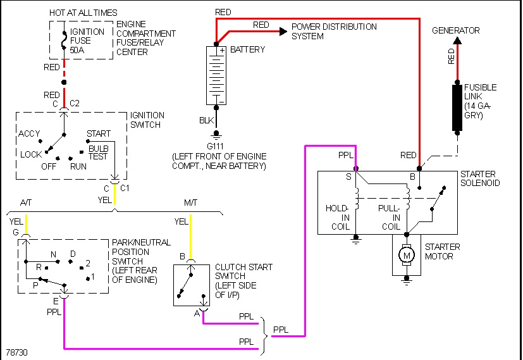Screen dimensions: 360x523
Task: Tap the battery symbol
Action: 217,75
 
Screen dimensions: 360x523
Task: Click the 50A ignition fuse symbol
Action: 63,39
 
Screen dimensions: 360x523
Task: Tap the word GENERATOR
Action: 455,30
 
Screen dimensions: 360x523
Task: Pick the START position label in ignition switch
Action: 99,133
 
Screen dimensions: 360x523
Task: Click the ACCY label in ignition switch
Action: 29,133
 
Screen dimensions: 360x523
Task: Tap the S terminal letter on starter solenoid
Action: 348,177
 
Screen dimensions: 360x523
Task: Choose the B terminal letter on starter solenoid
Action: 412,177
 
